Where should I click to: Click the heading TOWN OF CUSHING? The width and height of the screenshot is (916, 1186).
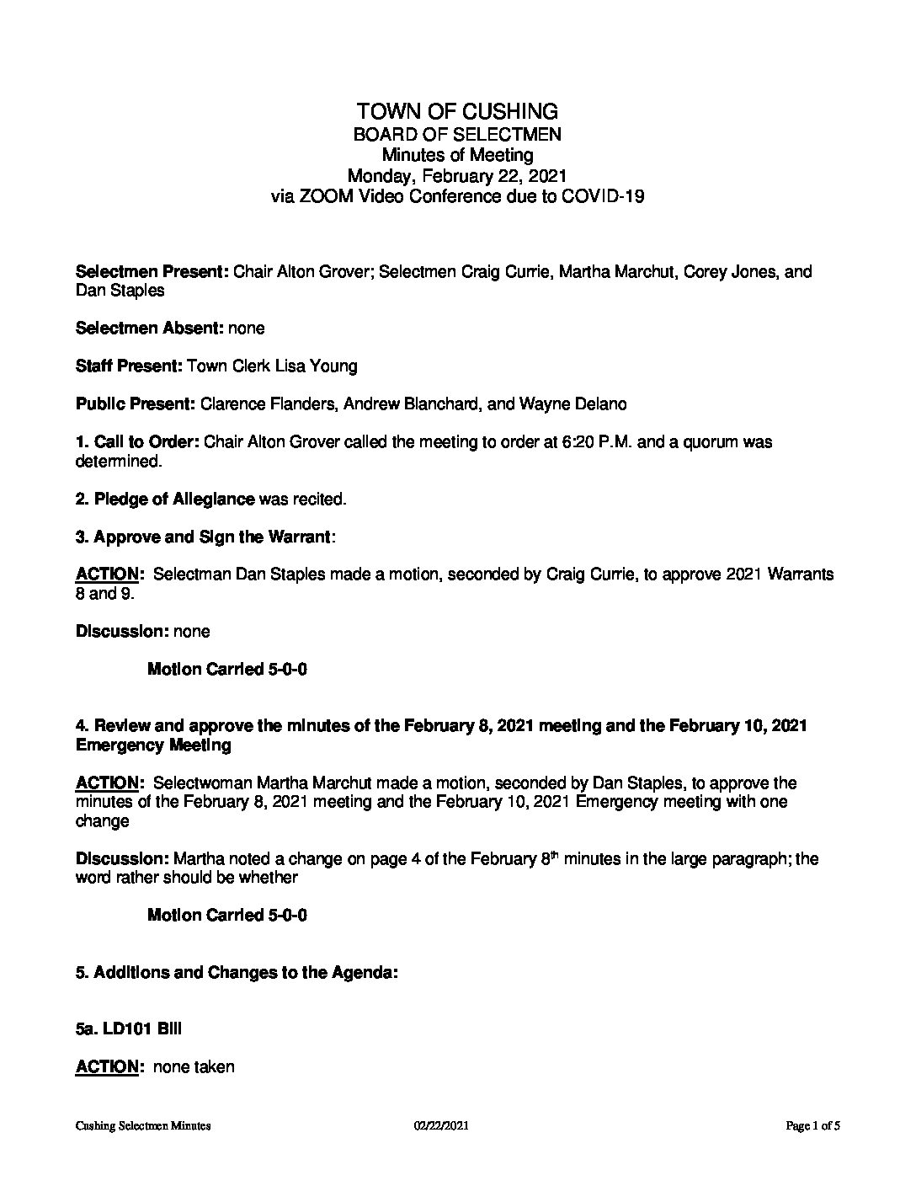pos(457,111)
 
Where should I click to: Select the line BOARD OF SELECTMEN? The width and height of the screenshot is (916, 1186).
pos(457,134)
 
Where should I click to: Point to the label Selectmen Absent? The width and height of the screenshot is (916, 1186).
pos(149,328)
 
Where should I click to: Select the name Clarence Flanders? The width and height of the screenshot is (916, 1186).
pos(258,404)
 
